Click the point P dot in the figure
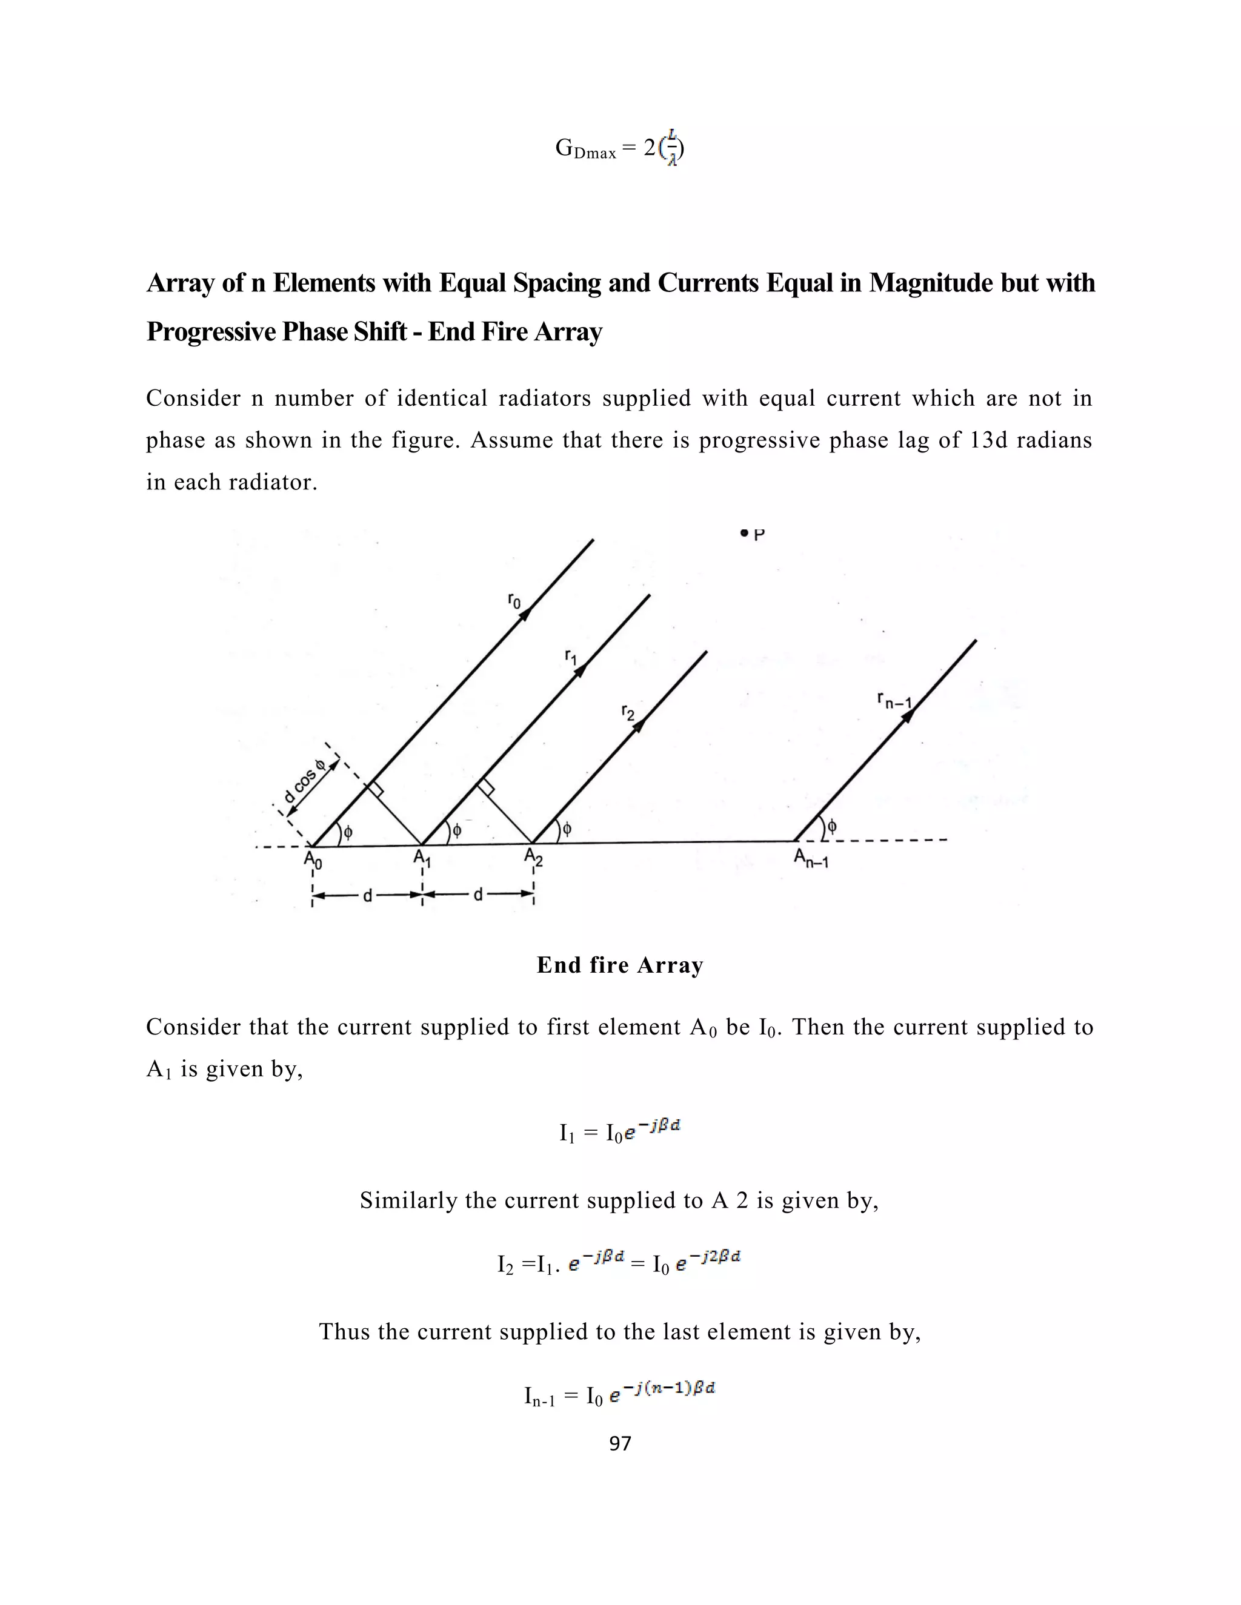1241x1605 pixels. [x=745, y=533]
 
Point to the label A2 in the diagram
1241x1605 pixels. [x=533, y=857]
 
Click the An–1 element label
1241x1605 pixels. [x=811, y=858]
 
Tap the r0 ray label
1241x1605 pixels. [x=514, y=601]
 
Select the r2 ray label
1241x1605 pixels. [x=627, y=712]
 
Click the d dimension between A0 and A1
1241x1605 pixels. [x=368, y=895]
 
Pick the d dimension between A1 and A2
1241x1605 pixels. [x=478, y=895]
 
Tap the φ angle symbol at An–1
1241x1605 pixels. [x=831, y=826]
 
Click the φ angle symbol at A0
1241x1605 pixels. [x=348, y=832]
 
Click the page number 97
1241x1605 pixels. [x=620, y=1444]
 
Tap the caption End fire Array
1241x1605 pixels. [x=620, y=965]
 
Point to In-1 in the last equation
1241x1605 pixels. [x=541, y=1395]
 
